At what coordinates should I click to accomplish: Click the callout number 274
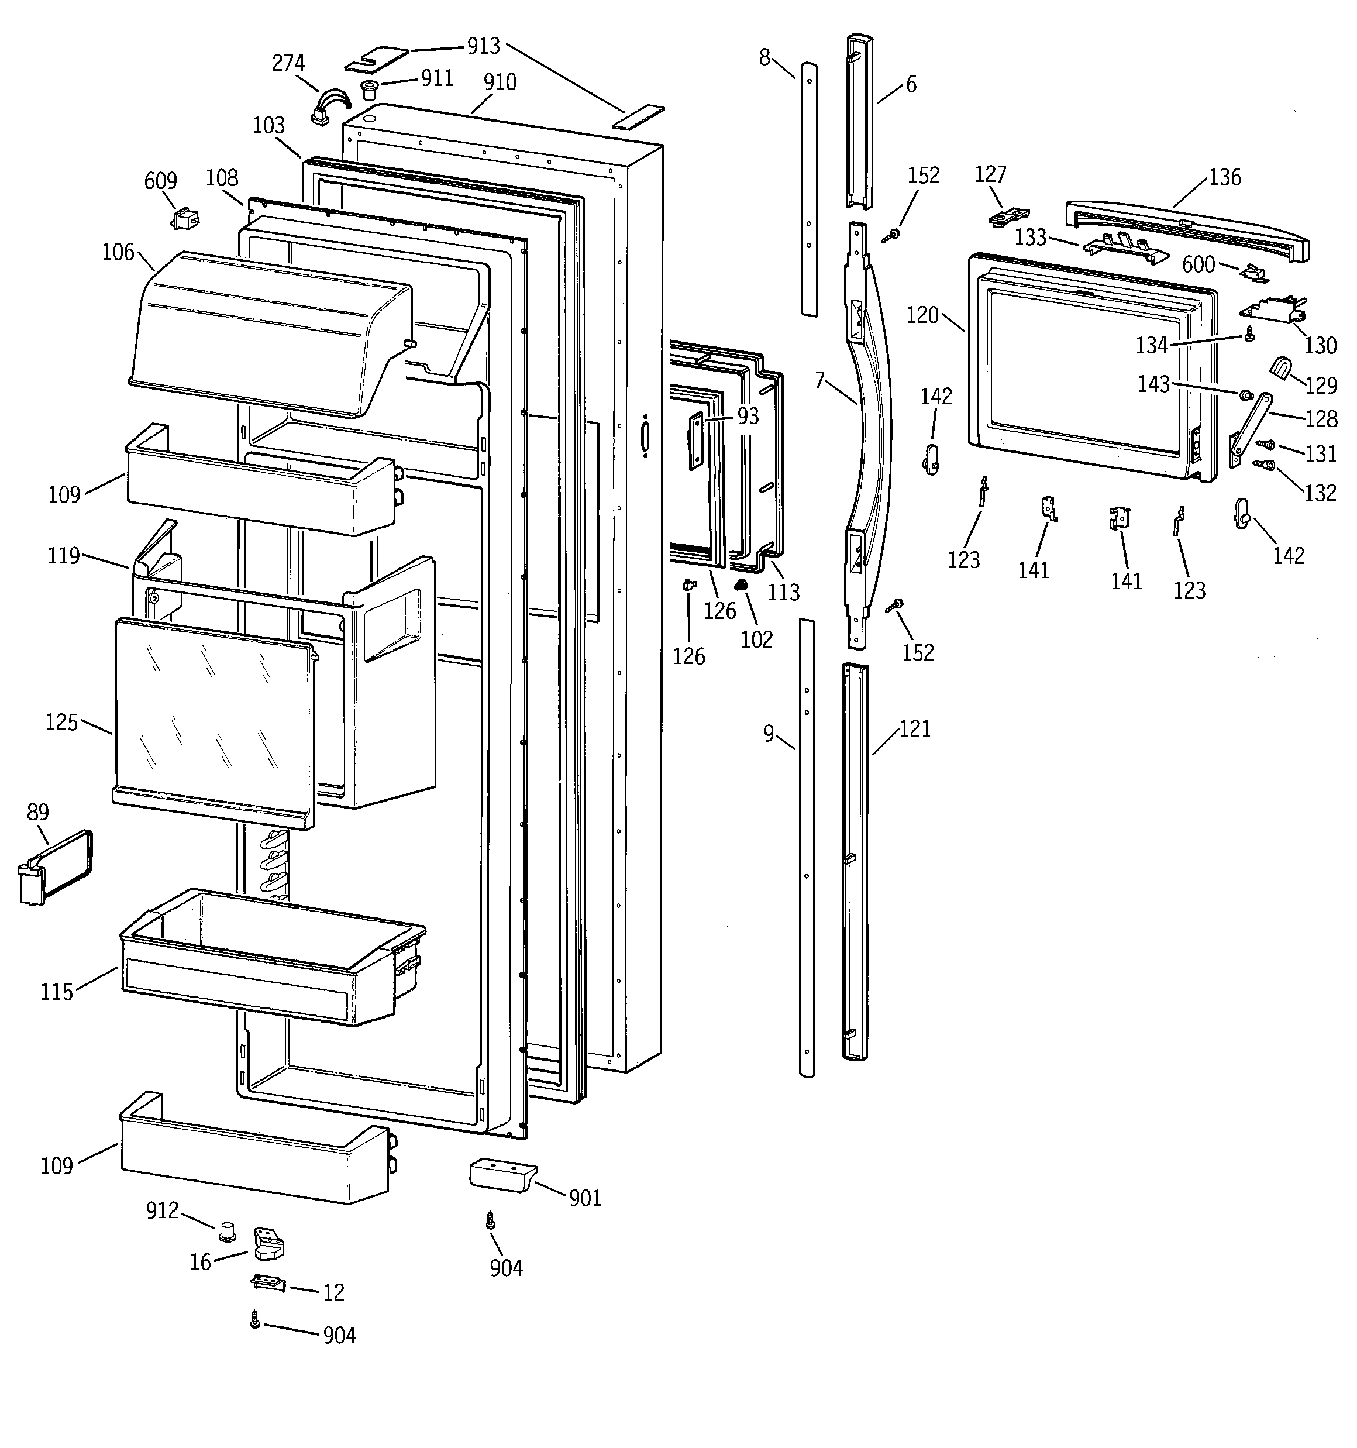coord(288,63)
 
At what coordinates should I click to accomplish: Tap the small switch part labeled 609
coord(184,218)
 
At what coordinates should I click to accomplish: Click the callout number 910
coord(500,82)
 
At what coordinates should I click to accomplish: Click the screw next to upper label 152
coord(891,235)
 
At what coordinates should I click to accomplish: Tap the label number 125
coord(61,722)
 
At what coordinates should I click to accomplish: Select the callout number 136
coord(1224,177)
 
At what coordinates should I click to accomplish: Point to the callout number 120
coord(922,315)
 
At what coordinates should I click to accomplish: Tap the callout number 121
coord(914,728)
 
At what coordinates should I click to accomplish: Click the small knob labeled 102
coord(742,586)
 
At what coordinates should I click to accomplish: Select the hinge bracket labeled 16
coord(268,1242)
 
